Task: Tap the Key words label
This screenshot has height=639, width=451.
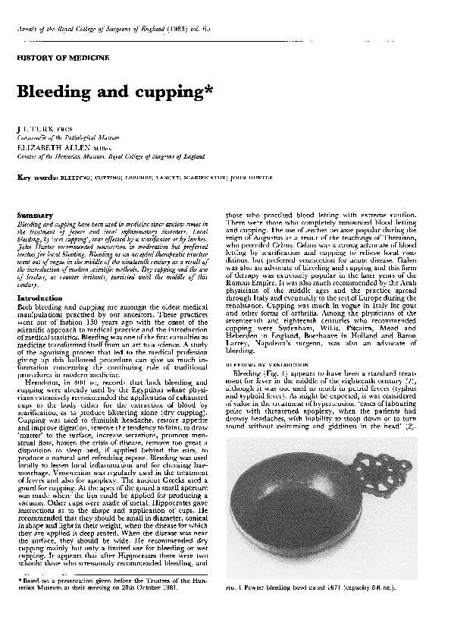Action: pyautogui.click(x=37, y=177)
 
